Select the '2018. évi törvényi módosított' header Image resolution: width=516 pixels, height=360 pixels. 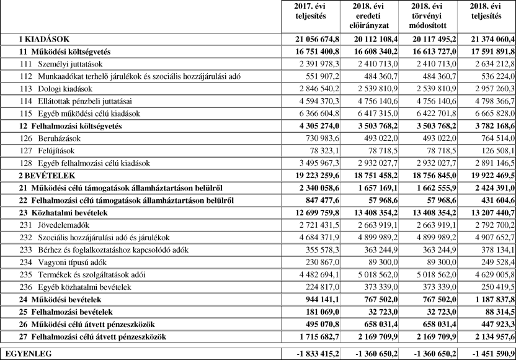425,16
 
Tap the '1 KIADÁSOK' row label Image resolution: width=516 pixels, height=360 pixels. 43,39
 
